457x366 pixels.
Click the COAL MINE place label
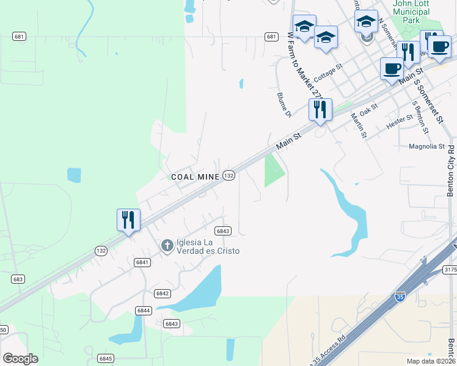click(x=195, y=177)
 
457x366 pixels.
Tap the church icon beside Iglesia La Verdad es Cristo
click(x=167, y=245)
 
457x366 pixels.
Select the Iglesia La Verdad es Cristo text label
click(x=208, y=246)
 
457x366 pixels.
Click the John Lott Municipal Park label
click(x=411, y=12)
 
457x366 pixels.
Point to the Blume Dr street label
click(x=284, y=104)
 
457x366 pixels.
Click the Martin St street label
click(x=359, y=125)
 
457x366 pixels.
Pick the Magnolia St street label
click(x=427, y=146)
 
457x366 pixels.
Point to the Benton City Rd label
click(x=451, y=170)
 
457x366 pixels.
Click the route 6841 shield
click(x=142, y=262)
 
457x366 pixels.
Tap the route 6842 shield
click(x=162, y=293)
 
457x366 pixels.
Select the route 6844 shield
click(x=144, y=310)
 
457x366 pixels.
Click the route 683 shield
click(x=18, y=279)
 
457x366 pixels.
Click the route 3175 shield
click(x=450, y=269)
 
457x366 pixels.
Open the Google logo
click(x=20, y=359)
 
